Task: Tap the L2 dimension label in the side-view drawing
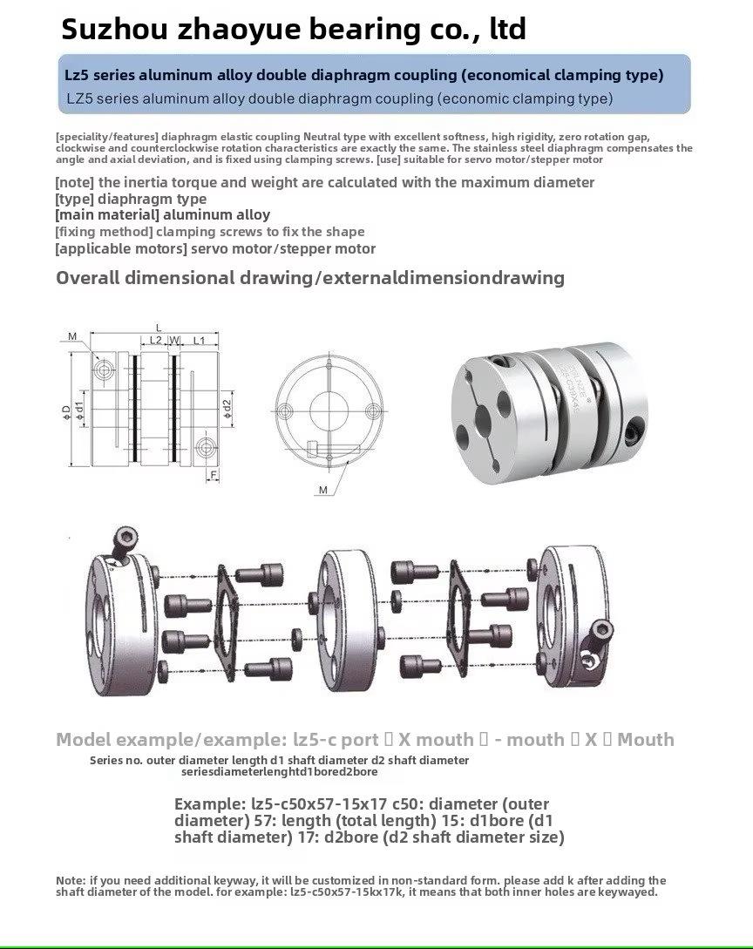[x=155, y=340]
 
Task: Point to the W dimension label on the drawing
[x=175, y=340]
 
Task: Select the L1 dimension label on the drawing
[x=199, y=340]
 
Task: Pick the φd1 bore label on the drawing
[x=80, y=407]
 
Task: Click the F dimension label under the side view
[x=212, y=475]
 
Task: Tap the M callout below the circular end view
[x=322, y=490]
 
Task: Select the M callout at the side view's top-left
[x=72, y=336]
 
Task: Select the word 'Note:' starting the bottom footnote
[x=71, y=880]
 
